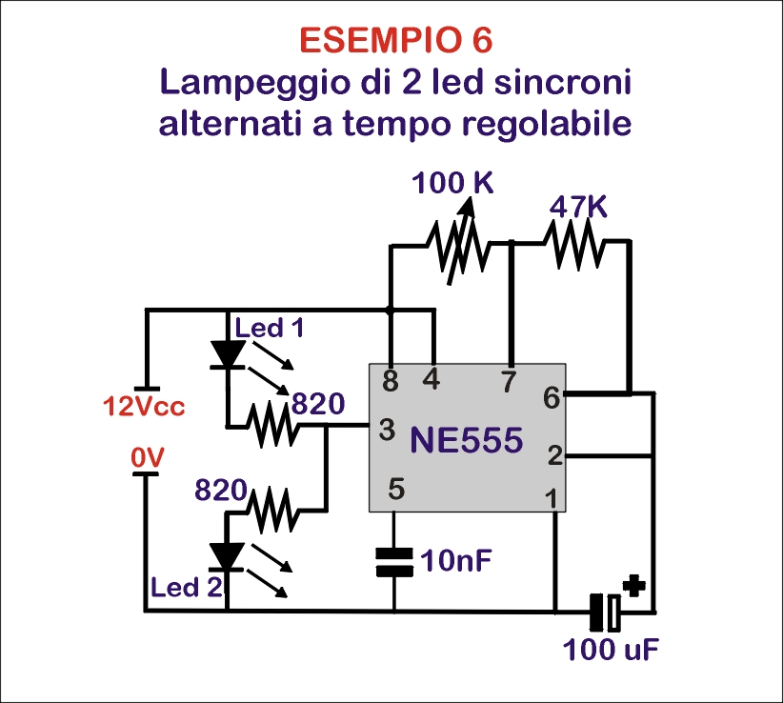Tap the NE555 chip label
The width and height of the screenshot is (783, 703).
467,441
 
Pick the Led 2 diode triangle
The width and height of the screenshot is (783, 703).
227,555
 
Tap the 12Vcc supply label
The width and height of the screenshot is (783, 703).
144,407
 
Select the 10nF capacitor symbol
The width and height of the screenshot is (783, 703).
392,561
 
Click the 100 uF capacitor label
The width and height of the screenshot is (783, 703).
611,653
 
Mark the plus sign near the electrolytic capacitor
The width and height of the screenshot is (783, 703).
632,584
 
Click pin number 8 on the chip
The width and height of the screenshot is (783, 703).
389,382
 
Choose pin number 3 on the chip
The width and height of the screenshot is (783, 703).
387,430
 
